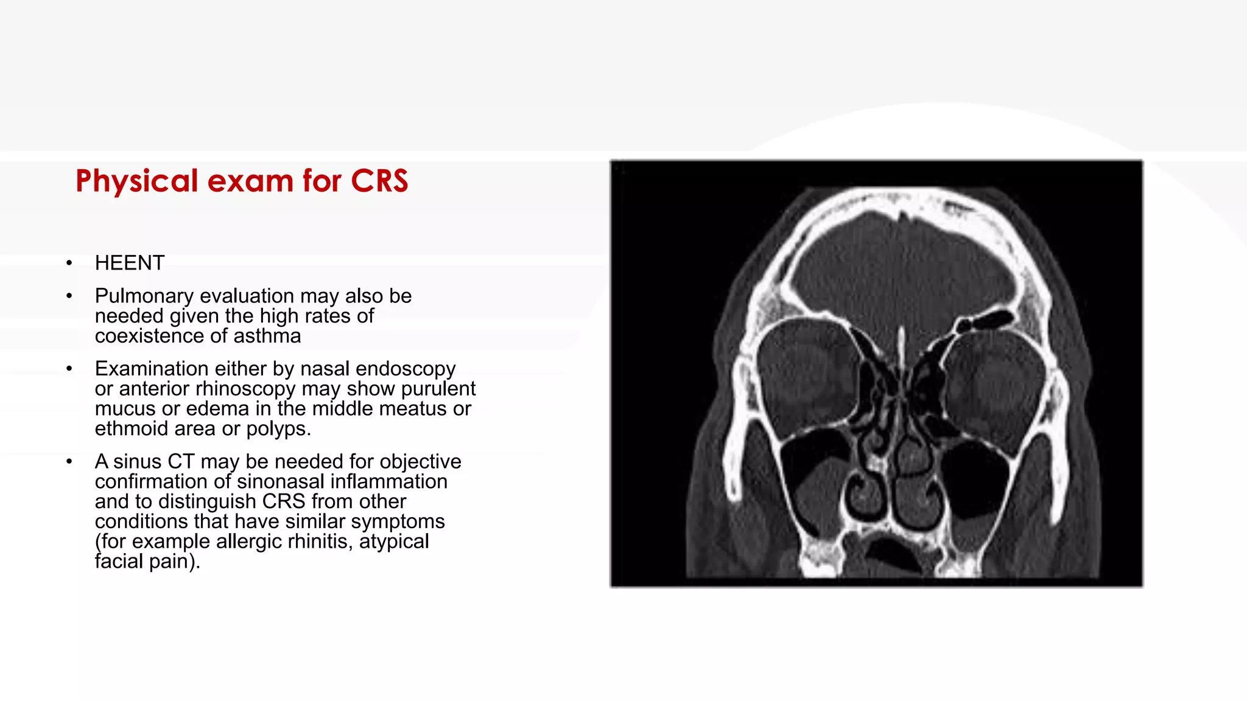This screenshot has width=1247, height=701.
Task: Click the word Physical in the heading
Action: pyautogui.click(x=137, y=181)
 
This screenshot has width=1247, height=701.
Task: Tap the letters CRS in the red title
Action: pyautogui.click(x=379, y=181)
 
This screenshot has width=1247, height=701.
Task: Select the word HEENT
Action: pyautogui.click(x=130, y=263)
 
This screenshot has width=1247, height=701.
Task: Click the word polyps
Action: pyautogui.click(x=278, y=429)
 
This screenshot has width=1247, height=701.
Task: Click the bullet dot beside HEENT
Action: pyautogui.click(x=69, y=263)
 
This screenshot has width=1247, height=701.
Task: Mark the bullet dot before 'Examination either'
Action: pyautogui.click(x=69, y=369)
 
